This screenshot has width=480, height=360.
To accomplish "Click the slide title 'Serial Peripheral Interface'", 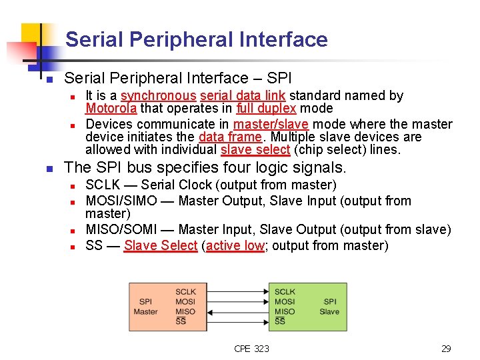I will [x=196, y=40].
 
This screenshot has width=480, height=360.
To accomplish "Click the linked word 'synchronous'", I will [x=159, y=96].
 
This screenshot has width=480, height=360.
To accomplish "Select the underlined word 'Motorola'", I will [x=111, y=109].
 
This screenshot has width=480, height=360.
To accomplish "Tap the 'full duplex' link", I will [x=265, y=109].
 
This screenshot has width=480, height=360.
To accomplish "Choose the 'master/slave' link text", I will [x=271, y=125].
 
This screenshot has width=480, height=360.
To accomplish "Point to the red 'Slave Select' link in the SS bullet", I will [x=161, y=246].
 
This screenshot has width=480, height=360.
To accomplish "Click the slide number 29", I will [x=446, y=349].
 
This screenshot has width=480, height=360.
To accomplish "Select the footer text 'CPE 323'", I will [x=251, y=349].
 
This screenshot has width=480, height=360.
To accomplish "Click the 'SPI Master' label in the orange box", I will [x=145, y=307].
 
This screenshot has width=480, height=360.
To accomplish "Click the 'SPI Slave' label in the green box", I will [x=329, y=307].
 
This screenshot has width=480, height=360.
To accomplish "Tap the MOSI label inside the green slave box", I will [x=285, y=302].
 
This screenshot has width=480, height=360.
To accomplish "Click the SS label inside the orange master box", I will [x=181, y=322].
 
